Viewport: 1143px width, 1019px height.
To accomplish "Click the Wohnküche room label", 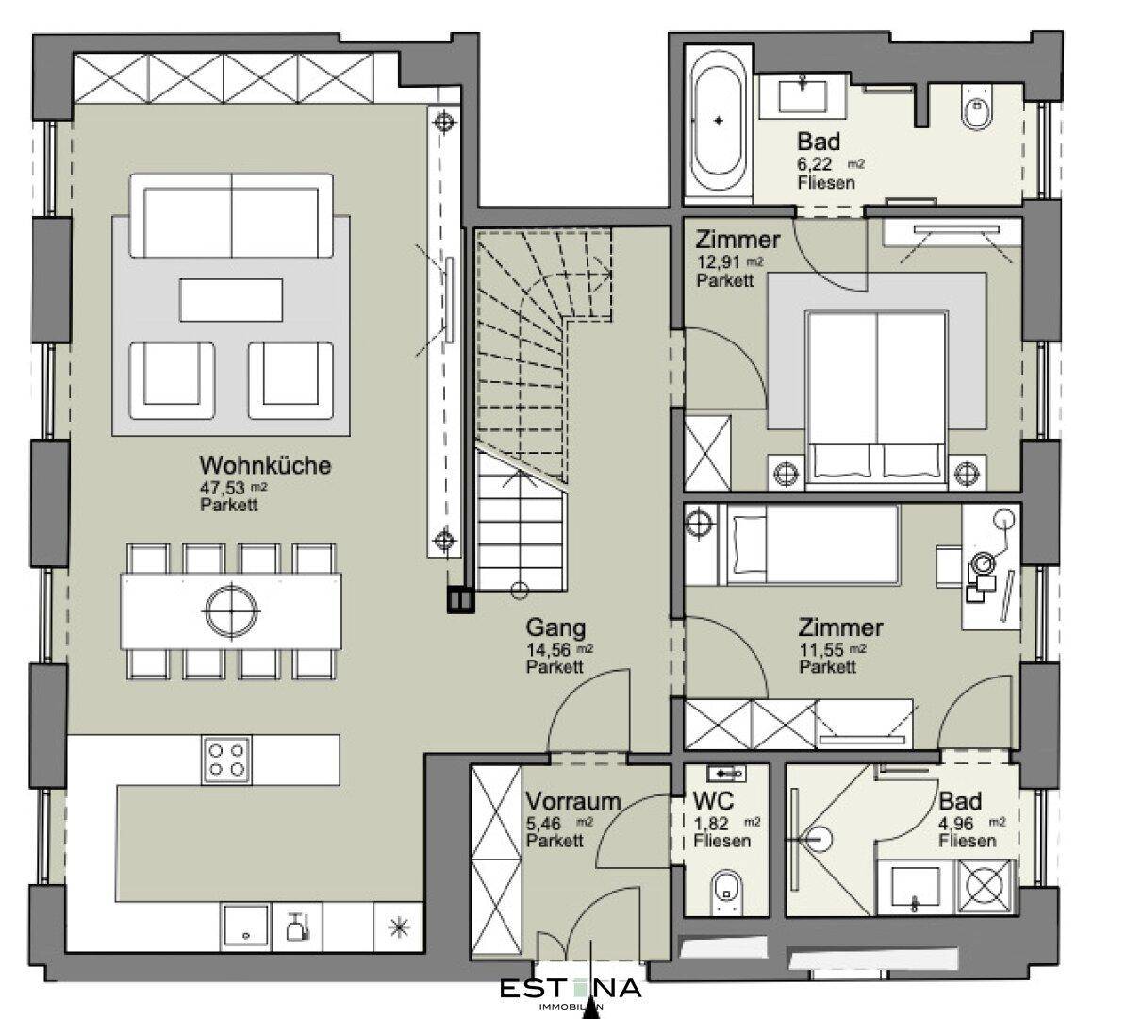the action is coord(265,466).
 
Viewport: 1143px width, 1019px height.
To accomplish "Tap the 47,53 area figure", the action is coord(223,487).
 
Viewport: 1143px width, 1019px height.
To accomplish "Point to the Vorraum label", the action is coord(573,801).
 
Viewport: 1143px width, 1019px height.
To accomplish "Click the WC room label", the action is coord(713,800).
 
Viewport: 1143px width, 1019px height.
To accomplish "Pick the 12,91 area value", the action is coord(719,262).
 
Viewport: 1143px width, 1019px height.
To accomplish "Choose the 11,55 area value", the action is coord(821,650).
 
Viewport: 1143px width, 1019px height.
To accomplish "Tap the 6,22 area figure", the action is coord(814,164).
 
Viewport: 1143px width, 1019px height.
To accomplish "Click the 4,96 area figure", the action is coord(955,823).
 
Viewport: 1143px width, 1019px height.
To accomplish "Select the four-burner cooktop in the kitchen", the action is coord(226,760).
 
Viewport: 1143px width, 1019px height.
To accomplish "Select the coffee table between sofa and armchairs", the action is coord(231,300).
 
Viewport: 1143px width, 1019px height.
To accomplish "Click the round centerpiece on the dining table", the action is coord(231,610).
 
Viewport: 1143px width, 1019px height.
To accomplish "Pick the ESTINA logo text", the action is coord(571,987).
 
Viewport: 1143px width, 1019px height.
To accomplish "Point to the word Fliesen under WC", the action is coord(722,841).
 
